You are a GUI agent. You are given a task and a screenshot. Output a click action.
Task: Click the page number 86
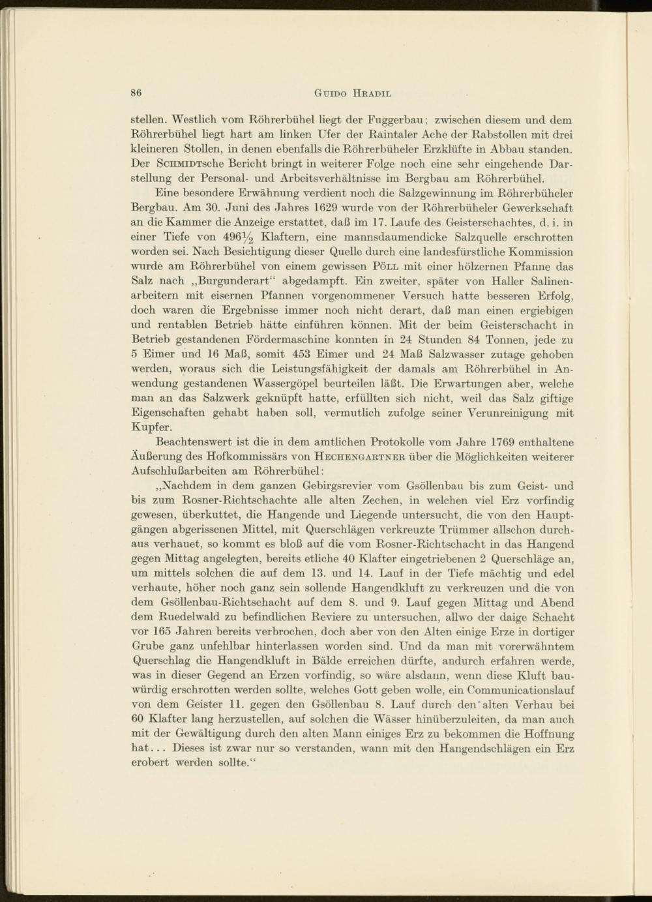click(x=136, y=93)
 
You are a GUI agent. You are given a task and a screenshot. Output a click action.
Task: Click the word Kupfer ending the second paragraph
click(x=152, y=428)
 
